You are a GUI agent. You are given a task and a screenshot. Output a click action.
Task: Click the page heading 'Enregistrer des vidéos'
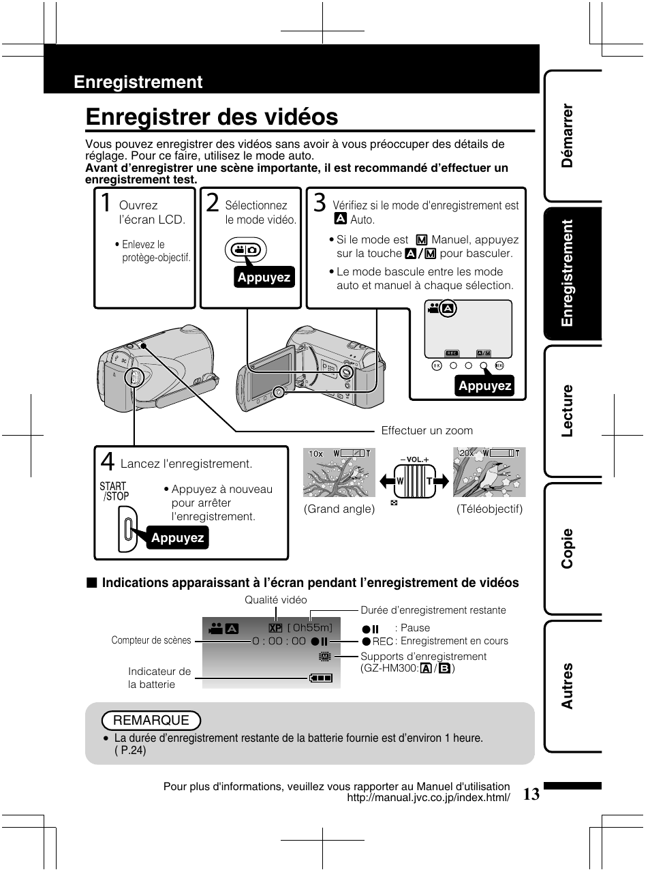tap(212, 117)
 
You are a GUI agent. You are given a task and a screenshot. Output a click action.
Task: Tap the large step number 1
tap(106, 204)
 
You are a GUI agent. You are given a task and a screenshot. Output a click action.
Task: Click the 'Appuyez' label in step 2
tap(264, 277)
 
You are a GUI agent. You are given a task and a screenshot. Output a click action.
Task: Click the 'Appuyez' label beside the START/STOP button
tap(177, 538)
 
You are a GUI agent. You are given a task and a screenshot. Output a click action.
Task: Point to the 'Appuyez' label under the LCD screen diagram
tap(484, 386)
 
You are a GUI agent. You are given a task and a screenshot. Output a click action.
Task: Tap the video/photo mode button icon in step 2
tap(244, 250)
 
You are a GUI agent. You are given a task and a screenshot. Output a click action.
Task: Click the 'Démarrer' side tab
tap(568, 136)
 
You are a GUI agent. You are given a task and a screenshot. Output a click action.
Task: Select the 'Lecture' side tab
tap(568, 410)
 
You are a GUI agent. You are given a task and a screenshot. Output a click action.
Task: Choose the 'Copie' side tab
tap(568, 548)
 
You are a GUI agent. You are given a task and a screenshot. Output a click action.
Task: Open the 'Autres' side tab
tap(568, 685)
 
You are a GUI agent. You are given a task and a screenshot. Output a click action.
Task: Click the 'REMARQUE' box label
tap(151, 721)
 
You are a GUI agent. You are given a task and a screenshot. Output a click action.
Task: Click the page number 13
tap(532, 794)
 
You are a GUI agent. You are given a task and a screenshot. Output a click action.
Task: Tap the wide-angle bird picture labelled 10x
tap(339, 472)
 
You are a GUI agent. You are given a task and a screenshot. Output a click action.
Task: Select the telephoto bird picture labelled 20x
tap(490, 472)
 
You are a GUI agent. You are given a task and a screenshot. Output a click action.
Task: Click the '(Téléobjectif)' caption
tap(489, 509)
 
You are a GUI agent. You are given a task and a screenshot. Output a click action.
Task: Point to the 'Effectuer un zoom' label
tap(427, 431)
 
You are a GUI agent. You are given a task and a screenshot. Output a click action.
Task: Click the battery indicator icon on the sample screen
tap(320, 678)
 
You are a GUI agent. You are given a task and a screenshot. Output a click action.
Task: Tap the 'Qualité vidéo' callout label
tap(276, 600)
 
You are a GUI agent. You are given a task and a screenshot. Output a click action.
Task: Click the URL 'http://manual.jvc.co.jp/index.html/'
tap(429, 798)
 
